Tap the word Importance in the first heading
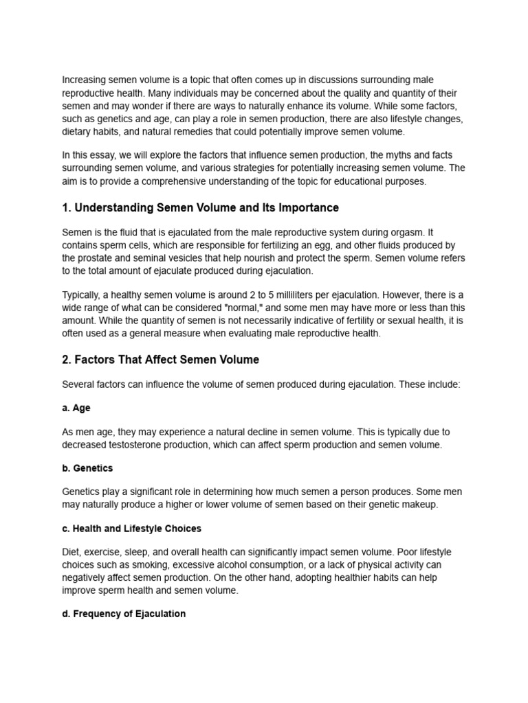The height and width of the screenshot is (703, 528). (306, 207)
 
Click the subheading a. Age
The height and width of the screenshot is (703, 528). (76, 408)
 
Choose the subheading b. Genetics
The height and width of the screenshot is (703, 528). (87, 468)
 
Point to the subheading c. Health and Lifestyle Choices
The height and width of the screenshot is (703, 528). (131, 529)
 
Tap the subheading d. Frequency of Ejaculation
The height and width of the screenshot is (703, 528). (124, 613)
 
